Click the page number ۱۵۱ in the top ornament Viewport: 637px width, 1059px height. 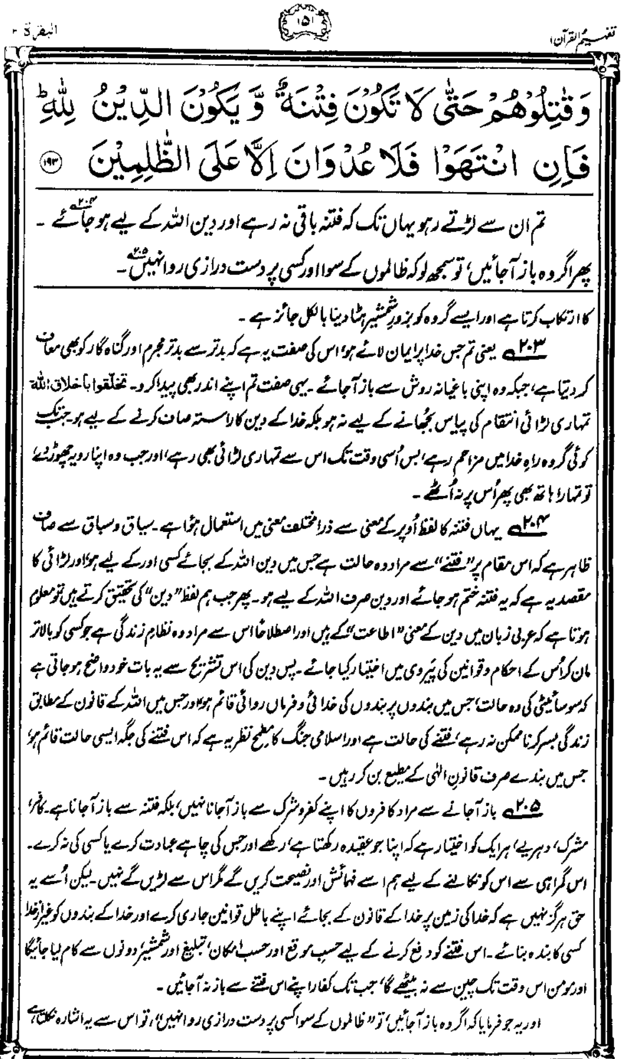click(318, 22)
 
